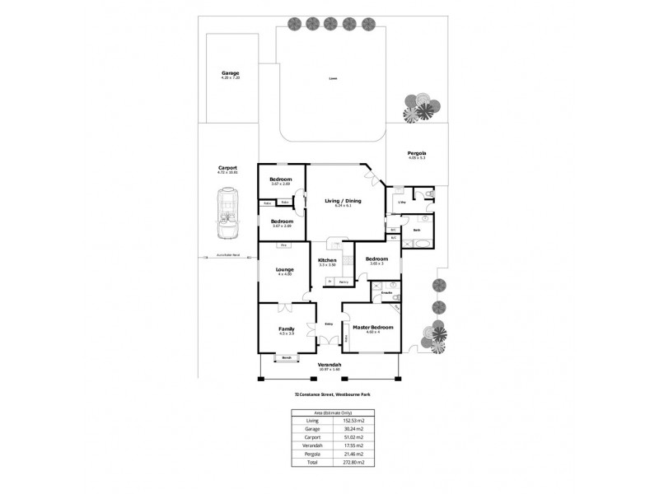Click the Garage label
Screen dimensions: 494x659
pyautogui.click(x=230, y=73)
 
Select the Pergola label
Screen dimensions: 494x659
pyautogui.click(x=417, y=153)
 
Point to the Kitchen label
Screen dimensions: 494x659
pyautogui.click(x=328, y=260)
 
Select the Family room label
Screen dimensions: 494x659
pyautogui.click(x=287, y=329)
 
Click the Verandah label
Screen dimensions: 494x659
pyautogui.click(x=329, y=365)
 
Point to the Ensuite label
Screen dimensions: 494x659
pyautogui.click(x=386, y=292)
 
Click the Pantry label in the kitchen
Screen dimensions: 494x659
pyautogui.click(x=343, y=282)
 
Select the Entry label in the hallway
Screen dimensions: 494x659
pyautogui.click(x=329, y=323)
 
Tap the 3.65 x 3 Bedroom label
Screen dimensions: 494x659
pyautogui.click(x=376, y=258)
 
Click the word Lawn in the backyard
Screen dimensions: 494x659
pyautogui.click(x=333, y=79)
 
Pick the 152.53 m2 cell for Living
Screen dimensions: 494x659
pyautogui.click(x=353, y=421)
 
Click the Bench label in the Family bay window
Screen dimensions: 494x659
pyautogui.click(x=287, y=358)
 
